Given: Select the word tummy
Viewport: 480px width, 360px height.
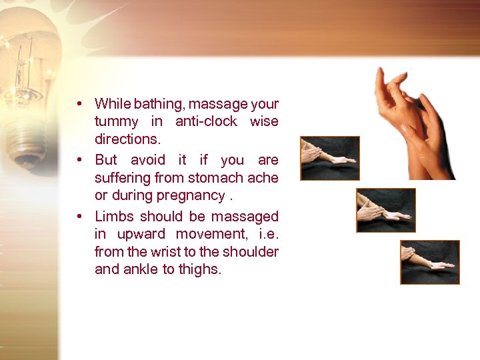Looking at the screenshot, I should point(117,122).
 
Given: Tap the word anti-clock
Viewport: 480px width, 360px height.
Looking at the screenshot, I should point(207,121).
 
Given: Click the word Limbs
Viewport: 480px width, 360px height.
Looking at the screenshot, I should point(114,217).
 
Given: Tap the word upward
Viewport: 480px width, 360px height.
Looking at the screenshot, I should point(141,235).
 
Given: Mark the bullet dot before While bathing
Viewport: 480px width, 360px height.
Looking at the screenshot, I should point(79,104).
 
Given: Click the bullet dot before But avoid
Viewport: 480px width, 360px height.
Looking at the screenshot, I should point(79,160).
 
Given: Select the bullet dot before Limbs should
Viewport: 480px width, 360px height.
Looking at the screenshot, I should point(79,217).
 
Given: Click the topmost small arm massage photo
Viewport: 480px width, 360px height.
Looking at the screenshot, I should point(329,159).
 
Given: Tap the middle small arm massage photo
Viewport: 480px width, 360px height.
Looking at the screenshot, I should point(385,210).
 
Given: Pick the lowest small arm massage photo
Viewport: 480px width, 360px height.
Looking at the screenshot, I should point(429,262).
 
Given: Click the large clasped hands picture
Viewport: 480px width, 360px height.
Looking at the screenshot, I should point(413,123).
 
